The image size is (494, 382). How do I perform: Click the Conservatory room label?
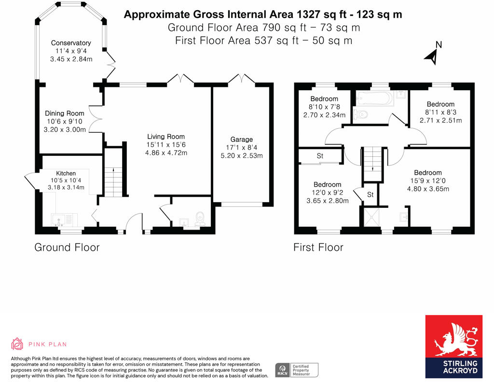pyautogui.click(x=71, y=43)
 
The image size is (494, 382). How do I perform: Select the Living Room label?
pyautogui.click(x=166, y=136)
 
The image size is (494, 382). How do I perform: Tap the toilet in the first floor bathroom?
pyautogui.click(x=361, y=114)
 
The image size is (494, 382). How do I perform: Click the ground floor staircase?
pyautogui.click(x=114, y=178)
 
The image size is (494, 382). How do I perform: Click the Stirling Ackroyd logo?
pyautogui.click(x=453, y=346)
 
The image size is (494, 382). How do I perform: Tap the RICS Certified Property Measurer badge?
pyautogui.click(x=296, y=370)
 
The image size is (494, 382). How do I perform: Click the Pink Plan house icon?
pyautogui.click(x=17, y=344)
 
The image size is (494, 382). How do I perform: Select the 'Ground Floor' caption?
pyautogui.click(x=67, y=247)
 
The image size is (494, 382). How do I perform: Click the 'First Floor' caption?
pyautogui.click(x=318, y=247)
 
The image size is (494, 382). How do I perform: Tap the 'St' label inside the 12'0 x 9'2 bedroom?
pyautogui.click(x=320, y=156)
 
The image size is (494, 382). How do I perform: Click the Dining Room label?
pyautogui.click(x=68, y=113)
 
